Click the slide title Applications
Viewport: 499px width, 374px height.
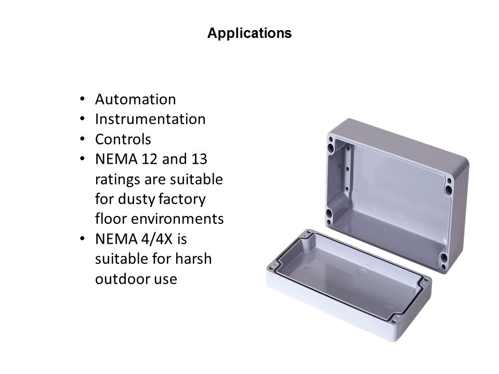point(249,33)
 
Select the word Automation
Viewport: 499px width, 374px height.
point(135,99)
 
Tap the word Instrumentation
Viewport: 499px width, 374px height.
point(150,119)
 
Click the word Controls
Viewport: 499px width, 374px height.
point(123,139)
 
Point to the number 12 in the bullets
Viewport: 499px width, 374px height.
point(149,159)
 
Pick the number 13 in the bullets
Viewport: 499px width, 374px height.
point(200,159)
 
